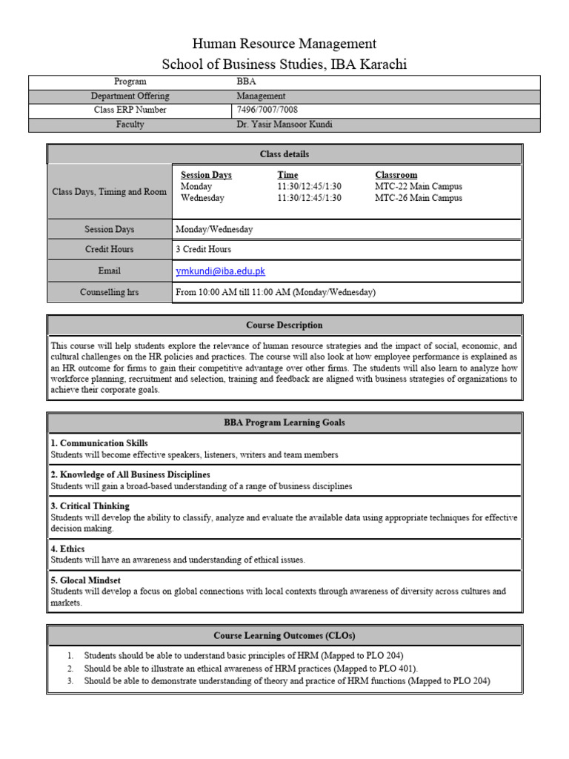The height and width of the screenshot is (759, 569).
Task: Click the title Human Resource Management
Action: [284, 44]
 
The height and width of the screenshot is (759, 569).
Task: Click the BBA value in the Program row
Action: [246, 82]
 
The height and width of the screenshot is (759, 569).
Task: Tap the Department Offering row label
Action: [130, 96]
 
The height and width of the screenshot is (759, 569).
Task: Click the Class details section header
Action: [284, 154]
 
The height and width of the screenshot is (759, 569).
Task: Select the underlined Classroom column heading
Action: [396, 175]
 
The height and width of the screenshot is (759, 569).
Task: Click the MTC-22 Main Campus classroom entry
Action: [418, 187]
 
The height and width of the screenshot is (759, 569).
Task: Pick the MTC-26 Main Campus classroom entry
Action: [418, 198]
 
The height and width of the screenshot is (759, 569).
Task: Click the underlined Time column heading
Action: [287, 175]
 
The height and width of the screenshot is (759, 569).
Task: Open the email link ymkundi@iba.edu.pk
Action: [220, 271]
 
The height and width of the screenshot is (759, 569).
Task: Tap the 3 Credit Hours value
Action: [203, 250]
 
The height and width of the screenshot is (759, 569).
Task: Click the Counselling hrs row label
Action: [109, 292]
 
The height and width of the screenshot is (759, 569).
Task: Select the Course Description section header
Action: [284, 325]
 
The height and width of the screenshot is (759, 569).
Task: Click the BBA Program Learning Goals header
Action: [284, 422]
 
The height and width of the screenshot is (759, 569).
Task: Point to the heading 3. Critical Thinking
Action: [90, 506]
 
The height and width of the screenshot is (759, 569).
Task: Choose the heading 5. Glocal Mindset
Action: [85, 580]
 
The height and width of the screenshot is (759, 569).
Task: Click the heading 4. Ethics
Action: [67, 548]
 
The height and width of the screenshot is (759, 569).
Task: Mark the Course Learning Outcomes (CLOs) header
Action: [284, 636]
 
